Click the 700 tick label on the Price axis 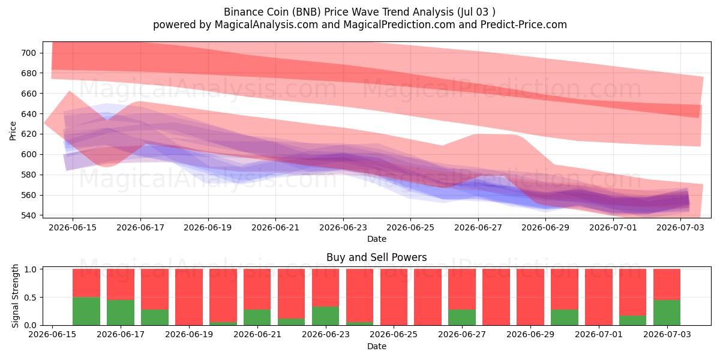click(x=29, y=53)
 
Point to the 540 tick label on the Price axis click(x=29, y=215)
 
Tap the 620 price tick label click(x=29, y=134)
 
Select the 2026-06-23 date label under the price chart click(x=343, y=227)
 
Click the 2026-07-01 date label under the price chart click(x=613, y=227)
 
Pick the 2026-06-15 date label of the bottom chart click(x=52, y=334)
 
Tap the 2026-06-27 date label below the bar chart click(x=462, y=334)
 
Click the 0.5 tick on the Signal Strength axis click(x=30, y=298)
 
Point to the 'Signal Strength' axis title click(x=15, y=296)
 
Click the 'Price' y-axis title click(x=13, y=131)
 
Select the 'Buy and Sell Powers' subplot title click(x=377, y=257)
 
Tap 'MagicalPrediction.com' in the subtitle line click(x=399, y=25)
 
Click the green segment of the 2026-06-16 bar click(x=86, y=311)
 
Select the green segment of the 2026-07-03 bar click(x=667, y=313)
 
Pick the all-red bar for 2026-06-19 click(x=189, y=297)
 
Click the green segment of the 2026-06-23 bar click(x=325, y=316)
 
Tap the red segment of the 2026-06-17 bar click(x=121, y=284)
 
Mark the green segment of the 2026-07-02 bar click(x=632, y=320)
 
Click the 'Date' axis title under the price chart click(x=377, y=239)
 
